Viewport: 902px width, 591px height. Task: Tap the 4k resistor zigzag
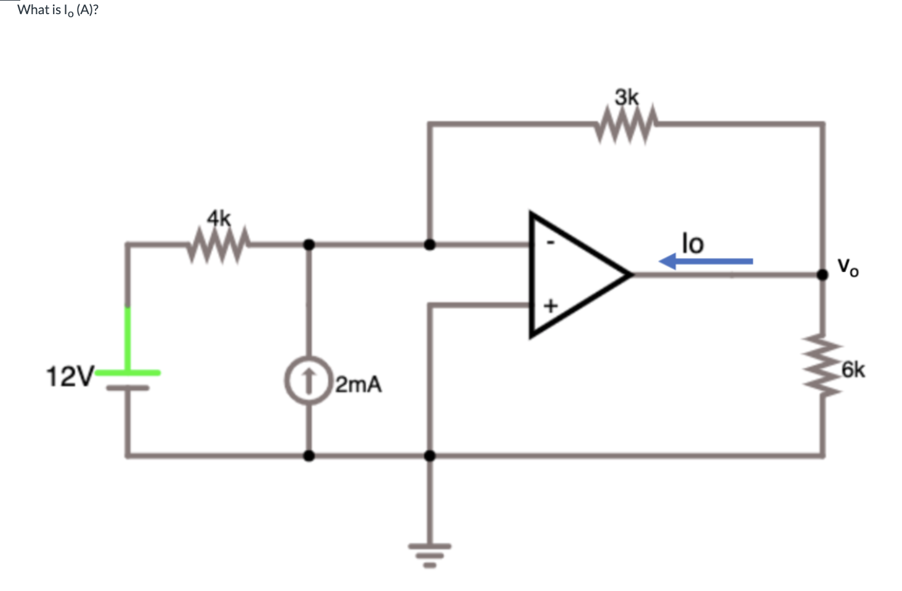[x=219, y=244]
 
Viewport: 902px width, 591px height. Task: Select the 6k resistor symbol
[x=823, y=367]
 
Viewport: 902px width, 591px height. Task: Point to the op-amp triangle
[x=573, y=275]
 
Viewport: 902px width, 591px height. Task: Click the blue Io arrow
[x=706, y=262]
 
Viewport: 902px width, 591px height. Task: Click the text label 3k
[x=627, y=97]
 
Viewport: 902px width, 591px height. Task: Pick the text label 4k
[x=219, y=217]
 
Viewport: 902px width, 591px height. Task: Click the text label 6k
[x=853, y=370]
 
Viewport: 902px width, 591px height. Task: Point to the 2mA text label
[x=359, y=385]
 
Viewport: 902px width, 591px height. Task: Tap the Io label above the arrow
[x=692, y=243]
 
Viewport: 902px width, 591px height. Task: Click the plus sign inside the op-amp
[x=550, y=305]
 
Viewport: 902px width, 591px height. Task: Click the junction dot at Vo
[x=823, y=275]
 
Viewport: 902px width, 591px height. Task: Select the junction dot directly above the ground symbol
[x=430, y=456]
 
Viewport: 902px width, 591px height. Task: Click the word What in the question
[x=33, y=10]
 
